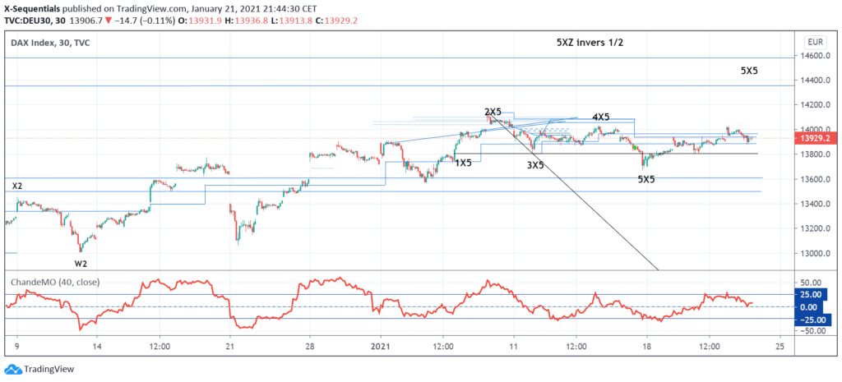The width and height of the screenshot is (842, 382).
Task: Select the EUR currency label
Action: [x=815, y=41]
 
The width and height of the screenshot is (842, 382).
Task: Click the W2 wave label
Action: [x=81, y=263]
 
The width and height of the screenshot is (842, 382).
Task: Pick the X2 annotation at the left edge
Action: [x=17, y=186]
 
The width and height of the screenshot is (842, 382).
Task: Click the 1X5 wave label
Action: [x=464, y=163]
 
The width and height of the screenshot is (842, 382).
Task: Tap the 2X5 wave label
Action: [x=493, y=112]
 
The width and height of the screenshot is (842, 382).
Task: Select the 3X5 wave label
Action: [x=535, y=165]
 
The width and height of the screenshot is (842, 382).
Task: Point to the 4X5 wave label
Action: [x=601, y=117]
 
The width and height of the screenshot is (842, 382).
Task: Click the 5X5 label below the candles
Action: [x=646, y=179]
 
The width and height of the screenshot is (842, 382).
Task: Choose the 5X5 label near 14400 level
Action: [x=748, y=71]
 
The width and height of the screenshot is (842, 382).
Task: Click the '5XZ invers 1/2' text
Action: [x=588, y=42]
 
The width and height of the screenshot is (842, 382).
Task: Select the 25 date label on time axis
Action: [x=780, y=346]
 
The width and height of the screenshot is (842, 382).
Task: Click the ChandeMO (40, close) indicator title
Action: [x=51, y=281]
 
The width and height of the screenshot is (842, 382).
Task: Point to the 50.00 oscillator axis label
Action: [x=812, y=330]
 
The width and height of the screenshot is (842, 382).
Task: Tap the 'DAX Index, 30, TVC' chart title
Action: [x=51, y=41]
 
